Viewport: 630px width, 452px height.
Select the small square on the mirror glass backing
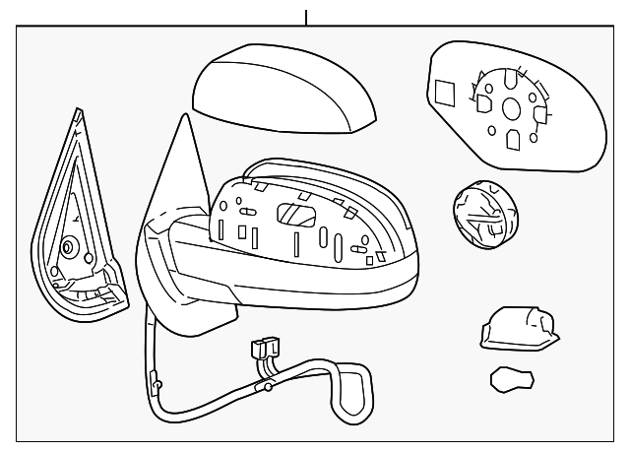point(445,93)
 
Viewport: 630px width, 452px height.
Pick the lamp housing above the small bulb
point(518,326)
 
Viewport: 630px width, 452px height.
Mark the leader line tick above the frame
point(306,16)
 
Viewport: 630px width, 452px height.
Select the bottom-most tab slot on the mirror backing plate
point(513,142)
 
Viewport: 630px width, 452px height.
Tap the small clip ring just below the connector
point(267,387)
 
